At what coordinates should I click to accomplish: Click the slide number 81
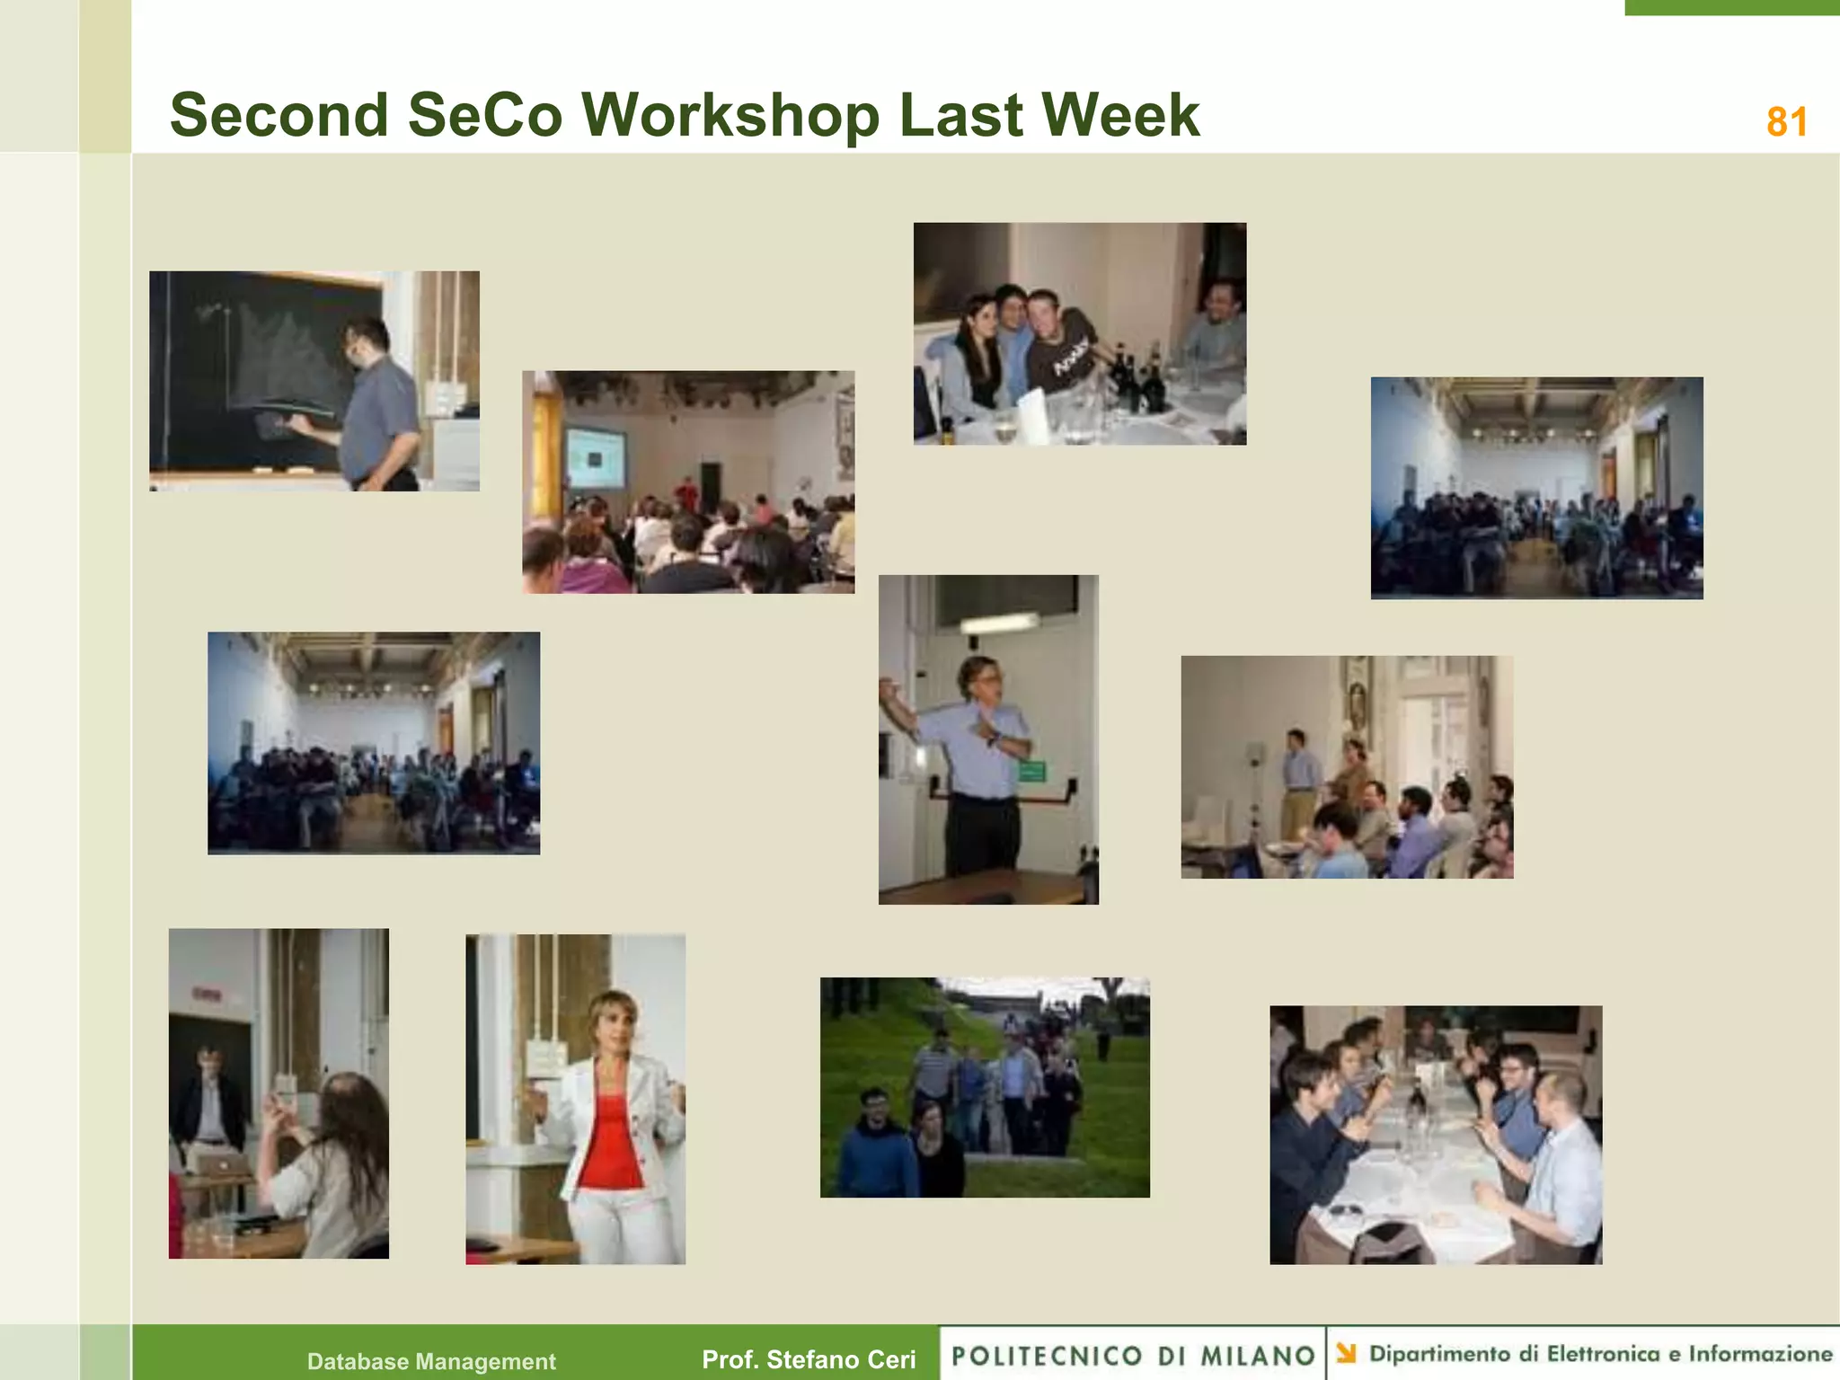point(1786,122)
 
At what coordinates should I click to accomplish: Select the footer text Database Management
point(431,1361)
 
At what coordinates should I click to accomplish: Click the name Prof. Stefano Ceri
point(809,1359)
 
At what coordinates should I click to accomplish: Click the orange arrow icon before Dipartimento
point(1346,1353)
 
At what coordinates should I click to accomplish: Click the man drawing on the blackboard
point(377,404)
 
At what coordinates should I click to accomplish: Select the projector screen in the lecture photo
point(594,458)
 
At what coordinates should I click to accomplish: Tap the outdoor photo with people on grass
point(985,1087)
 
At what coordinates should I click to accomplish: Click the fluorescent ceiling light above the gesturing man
point(999,622)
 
